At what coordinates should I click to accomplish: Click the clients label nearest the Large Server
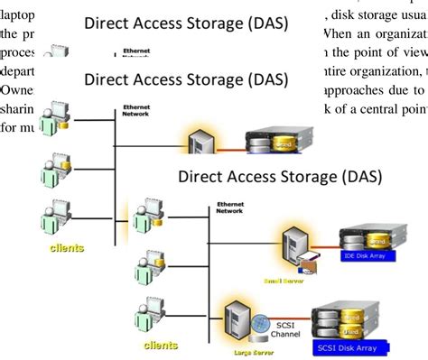[x=159, y=344]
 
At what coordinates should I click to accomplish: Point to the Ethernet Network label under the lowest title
[x=232, y=208]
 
